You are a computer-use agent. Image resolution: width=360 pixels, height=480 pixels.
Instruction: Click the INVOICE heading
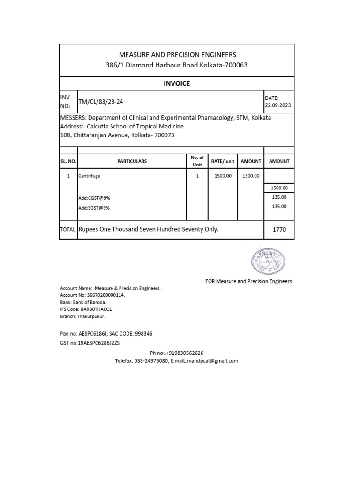177,83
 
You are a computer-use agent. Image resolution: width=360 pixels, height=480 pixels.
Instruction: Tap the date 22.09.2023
278,105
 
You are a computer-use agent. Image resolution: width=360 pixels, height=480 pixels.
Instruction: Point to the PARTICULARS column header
132,161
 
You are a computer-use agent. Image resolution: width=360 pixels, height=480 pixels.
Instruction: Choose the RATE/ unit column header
223,161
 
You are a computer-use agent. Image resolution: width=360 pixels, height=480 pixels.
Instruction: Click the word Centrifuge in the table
90,176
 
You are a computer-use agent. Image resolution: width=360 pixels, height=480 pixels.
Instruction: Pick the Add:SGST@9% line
94,208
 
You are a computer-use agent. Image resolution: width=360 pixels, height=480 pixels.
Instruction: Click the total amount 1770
279,230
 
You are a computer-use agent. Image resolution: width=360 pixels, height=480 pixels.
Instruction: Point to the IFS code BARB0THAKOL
97,309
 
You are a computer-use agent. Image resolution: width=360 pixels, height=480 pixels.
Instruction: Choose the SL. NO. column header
68,161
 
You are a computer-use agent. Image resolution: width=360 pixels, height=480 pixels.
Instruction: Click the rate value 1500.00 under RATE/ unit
223,176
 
